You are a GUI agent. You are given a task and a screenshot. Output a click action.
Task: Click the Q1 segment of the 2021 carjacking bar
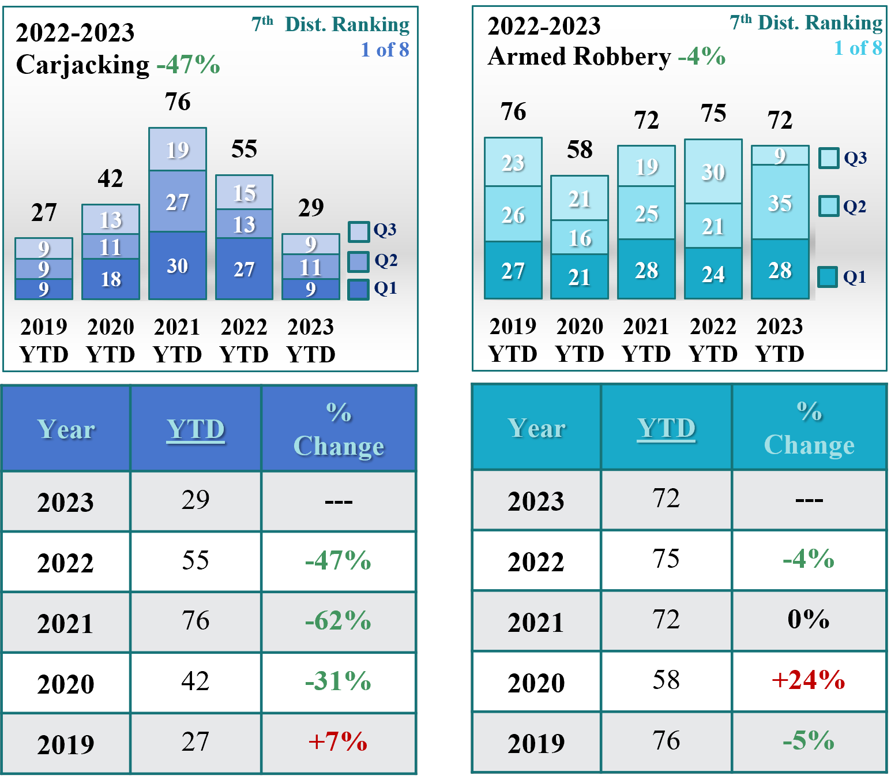[178, 265]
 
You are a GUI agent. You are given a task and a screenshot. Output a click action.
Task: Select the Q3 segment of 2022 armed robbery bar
[713, 171]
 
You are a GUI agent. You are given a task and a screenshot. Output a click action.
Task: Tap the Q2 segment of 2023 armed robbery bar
[780, 203]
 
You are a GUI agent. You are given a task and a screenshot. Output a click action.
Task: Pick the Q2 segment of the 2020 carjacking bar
[111, 247]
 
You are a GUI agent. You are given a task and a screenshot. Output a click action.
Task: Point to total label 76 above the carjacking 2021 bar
[178, 102]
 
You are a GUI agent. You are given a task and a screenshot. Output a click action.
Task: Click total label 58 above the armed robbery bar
[580, 149]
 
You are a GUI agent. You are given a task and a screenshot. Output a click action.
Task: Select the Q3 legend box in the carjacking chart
[359, 231]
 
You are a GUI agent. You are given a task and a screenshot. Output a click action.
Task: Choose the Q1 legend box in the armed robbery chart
[828, 277]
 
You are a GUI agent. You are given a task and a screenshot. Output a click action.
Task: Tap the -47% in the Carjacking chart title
[189, 65]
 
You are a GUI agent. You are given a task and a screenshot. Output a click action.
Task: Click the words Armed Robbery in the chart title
[579, 57]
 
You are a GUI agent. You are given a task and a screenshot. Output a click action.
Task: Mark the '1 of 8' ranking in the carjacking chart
[385, 50]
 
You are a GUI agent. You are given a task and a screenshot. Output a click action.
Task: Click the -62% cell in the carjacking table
[339, 621]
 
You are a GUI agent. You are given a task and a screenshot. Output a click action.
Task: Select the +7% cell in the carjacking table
[339, 742]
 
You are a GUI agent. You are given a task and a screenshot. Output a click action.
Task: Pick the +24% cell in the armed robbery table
[809, 681]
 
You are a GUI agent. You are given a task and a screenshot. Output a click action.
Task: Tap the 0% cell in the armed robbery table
[809, 620]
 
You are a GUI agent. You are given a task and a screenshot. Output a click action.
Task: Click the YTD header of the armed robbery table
[666, 428]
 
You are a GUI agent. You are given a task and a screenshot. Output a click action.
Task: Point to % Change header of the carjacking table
[339, 429]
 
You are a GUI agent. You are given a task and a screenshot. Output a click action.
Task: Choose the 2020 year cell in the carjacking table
[66, 684]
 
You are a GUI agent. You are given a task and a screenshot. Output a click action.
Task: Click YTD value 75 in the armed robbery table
[666, 559]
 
